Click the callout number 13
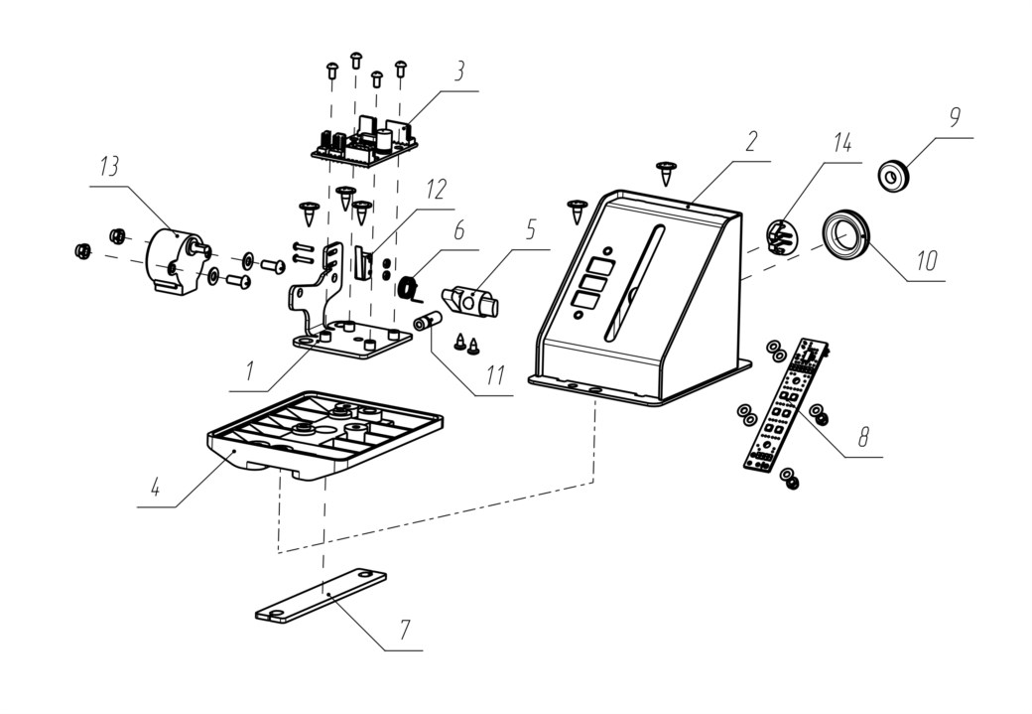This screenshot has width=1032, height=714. [x=109, y=167]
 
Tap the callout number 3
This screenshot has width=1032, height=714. [x=459, y=71]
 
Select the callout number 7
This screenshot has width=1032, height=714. [x=405, y=631]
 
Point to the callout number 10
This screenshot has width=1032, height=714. [x=927, y=261]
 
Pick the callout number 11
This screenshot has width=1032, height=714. [x=495, y=374]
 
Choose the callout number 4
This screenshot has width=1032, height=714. [x=156, y=488]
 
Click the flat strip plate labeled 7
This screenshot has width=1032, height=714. [x=322, y=595]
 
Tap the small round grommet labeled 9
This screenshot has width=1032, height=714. [x=893, y=175]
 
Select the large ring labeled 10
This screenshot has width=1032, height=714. [x=846, y=237]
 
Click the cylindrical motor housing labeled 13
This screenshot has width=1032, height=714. [x=177, y=262]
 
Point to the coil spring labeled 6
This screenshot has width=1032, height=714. [x=410, y=289]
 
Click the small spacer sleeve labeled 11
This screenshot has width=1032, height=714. [x=427, y=322]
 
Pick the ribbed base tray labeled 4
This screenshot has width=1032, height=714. [x=323, y=437]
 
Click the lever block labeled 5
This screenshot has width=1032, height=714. [x=471, y=300]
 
